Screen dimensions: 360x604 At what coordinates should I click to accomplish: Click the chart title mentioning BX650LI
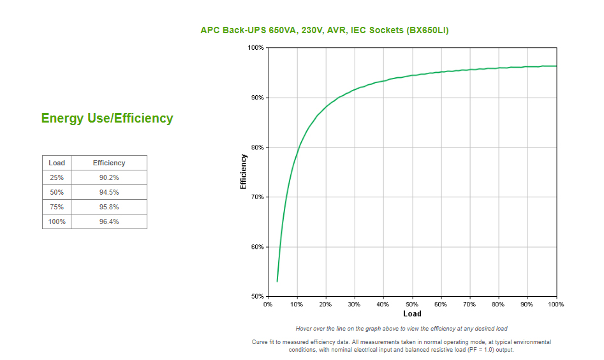(x=324, y=30)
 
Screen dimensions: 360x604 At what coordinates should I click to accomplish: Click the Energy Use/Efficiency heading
(x=107, y=118)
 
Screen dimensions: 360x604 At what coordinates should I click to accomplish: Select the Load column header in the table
(x=57, y=163)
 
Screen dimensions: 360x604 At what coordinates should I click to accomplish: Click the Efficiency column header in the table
(x=109, y=163)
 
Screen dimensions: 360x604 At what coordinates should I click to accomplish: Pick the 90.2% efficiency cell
(x=109, y=177)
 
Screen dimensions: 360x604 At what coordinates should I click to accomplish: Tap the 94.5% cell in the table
(x=109, y=192)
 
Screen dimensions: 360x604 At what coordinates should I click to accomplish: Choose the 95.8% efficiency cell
(x=109, y=207)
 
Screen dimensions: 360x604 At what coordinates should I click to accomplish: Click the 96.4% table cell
(x=109, y=221)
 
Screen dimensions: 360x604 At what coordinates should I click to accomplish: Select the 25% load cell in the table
(x=57, y=177)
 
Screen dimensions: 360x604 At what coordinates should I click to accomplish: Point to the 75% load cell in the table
(x=57, y=207)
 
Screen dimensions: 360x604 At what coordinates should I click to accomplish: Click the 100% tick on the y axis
(x=256, y=48)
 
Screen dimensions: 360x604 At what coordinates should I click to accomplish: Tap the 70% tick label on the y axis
(x=257, y=197)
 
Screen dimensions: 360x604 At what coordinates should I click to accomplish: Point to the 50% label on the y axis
(x=257, y=297)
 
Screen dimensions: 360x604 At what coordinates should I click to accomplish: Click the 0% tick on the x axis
(x=268, y=304)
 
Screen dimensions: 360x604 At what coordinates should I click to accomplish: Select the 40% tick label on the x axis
(x=383, y=304)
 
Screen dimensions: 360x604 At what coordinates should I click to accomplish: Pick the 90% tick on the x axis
(x=527, y=304)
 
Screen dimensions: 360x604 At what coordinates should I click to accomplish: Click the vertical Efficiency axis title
(x=243, y=172)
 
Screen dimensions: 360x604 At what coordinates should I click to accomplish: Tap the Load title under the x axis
(x=412, y=313)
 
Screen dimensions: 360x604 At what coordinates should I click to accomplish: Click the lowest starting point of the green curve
(x=277, y=281)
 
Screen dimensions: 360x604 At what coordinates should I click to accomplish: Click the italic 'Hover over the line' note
(x=401, y=329)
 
